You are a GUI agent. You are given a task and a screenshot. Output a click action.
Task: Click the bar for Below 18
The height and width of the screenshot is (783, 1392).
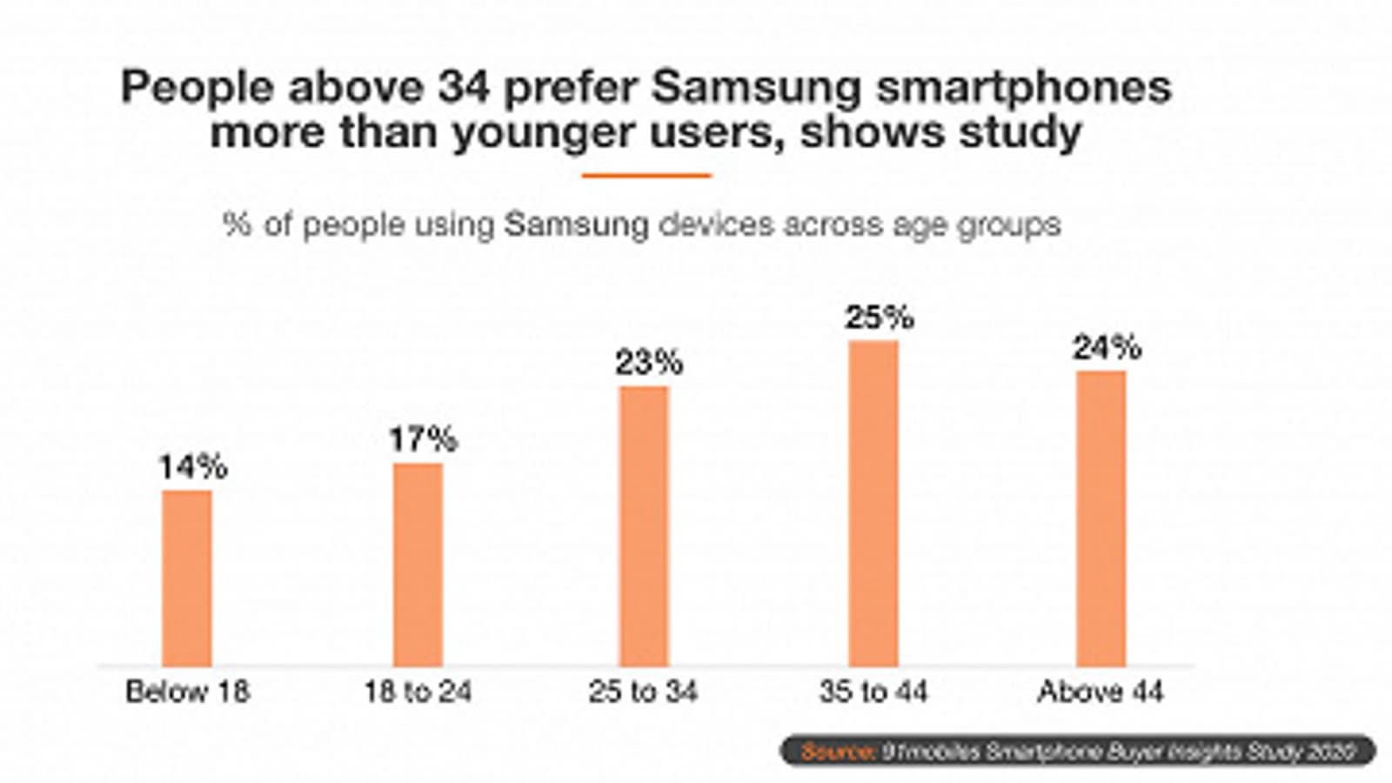click(187, 578)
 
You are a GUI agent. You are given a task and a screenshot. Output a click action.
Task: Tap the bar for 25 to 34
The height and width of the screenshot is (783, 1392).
click(645, 525)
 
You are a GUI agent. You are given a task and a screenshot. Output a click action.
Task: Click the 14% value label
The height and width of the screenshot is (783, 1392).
click(192, 468)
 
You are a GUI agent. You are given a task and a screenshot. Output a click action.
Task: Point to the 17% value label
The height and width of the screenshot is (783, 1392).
click(423, 440)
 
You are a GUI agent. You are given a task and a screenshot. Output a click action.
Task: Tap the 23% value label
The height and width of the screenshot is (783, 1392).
click(649, 363)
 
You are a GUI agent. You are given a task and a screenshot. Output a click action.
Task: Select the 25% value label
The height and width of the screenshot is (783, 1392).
click(879, 318)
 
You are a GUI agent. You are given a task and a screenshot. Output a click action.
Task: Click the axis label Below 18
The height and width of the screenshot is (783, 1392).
click(187, 693)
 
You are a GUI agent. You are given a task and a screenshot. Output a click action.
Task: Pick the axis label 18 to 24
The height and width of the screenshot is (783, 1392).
click(418, 693)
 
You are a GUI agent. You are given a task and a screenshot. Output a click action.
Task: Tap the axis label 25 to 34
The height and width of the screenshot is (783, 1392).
click(643, 693)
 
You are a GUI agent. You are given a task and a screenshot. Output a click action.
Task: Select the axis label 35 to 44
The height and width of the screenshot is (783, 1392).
click(873, 693)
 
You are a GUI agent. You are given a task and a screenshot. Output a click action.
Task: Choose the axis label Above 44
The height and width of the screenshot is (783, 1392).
click(1101, 693)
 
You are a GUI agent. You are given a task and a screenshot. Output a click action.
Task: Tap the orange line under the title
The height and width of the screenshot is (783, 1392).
click(646, 176)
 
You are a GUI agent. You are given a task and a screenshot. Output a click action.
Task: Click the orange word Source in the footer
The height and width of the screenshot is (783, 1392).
click(837, 751)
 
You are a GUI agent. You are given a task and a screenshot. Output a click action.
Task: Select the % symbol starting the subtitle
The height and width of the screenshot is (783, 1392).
click(237, 224)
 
